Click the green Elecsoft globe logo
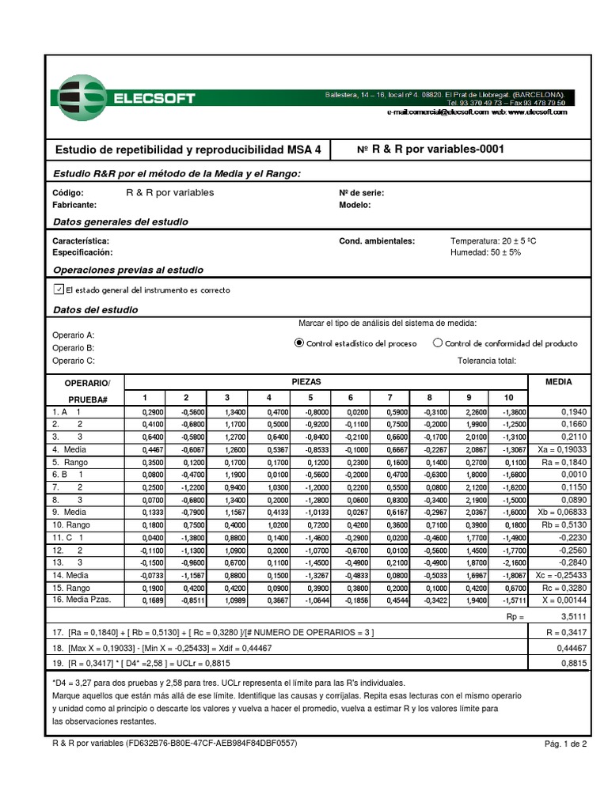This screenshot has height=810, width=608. point(79,98)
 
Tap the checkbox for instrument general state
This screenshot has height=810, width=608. point(58,290)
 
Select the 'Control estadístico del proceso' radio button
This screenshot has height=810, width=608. point(298,343)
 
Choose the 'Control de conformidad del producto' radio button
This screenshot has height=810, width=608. point(438,343)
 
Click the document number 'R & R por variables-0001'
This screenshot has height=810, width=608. point(431,149)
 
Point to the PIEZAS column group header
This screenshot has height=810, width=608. point(306,381)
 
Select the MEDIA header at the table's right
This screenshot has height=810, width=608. point(559,381)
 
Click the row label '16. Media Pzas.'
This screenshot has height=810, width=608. point(82,600)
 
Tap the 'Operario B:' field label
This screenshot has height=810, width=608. point(74,347)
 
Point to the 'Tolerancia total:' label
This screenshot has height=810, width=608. point(487,361)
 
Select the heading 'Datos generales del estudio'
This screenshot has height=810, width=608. point(120,222)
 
